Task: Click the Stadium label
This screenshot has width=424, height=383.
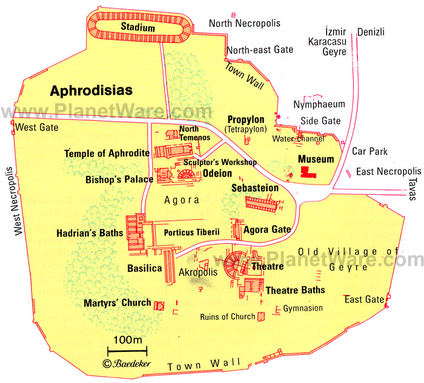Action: tap(137, 27)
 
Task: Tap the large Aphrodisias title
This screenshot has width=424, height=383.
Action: tap(91, 90)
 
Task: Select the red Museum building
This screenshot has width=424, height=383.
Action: tap(308, 173)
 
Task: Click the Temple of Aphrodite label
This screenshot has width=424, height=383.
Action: tap(107, 154)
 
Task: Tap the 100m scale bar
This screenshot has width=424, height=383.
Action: tap(127, 350)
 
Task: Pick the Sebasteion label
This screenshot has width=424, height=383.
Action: tap(255, 188)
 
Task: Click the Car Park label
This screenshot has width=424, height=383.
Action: tap(369, 151)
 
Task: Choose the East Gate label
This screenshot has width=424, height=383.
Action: tap(364, 299)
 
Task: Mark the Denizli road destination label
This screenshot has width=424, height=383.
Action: tap(371, 32)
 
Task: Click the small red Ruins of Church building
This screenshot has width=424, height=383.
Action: tap(261, 316)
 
